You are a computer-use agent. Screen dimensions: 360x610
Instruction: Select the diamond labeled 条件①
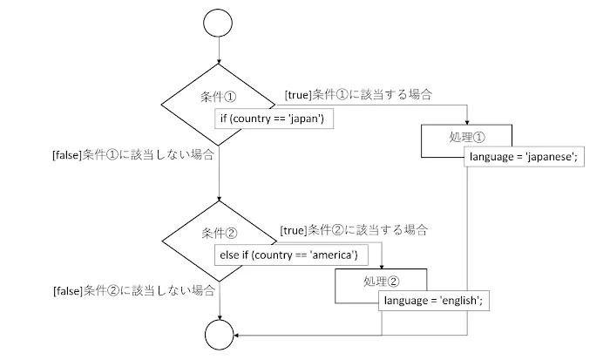click(x=196, y=97)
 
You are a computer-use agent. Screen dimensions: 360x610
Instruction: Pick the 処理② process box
click(x=382, y=281)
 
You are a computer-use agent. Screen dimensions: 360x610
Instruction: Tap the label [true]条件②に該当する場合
click(x=354, y=229)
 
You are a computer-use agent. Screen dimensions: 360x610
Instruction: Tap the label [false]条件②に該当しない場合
click(x=134, y=289)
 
